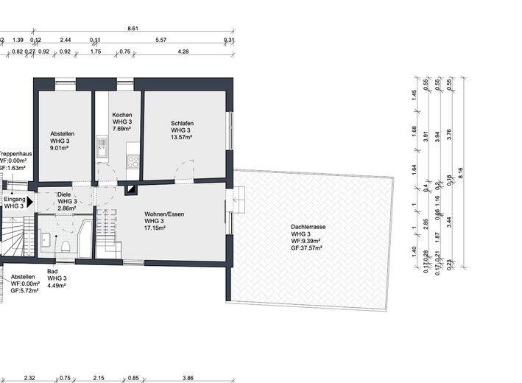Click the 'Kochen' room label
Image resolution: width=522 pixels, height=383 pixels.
pyautogui.click(x=122, y=116)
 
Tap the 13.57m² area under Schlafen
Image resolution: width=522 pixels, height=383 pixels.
pyautogui.click(x=181, y=137)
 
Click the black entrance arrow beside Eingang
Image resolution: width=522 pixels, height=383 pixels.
pyautogui.click(x=30, y=199)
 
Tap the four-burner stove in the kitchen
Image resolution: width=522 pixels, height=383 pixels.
pyautogui.click(x=133, y=160)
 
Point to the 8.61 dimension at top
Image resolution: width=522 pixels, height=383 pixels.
pyautogui.click(x=133, y=28)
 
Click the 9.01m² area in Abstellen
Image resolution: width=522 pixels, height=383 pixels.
pyautogui.click(x=59, y=147)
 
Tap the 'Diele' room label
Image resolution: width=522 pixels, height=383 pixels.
pyautogui.click(x=65, y=194)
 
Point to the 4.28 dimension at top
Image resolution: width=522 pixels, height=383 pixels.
pyautogui.click(x=183, y=52)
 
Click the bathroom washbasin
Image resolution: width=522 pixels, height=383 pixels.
pyautogui.click(x=46, y=239)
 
